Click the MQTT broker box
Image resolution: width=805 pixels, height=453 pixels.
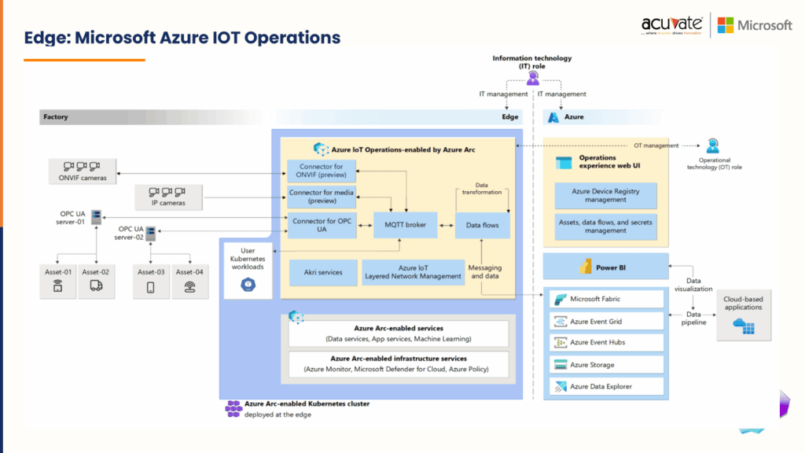(405, 225)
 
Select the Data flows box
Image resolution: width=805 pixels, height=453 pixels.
(482, 225)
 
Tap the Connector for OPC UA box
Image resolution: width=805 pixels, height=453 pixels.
(322, 225)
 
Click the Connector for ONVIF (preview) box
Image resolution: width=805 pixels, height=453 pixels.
(322, 171)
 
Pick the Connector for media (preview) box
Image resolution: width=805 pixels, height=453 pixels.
(322, 197)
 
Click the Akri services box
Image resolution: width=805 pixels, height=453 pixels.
(322, 272)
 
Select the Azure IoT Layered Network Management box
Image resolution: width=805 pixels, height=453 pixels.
(414, 272)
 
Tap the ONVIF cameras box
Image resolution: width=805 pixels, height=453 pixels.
(83, 171)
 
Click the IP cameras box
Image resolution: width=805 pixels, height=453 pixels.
(167, 197)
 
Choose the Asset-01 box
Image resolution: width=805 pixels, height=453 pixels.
(57, 281)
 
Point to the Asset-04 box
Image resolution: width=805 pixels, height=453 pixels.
(189, 281)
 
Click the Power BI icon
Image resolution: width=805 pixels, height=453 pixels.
(585, 267)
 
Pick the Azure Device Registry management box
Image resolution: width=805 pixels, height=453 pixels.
(605, 195)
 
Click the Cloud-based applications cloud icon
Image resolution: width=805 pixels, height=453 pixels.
(744, 326)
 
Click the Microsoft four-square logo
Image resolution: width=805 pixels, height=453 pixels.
(726, 25)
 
